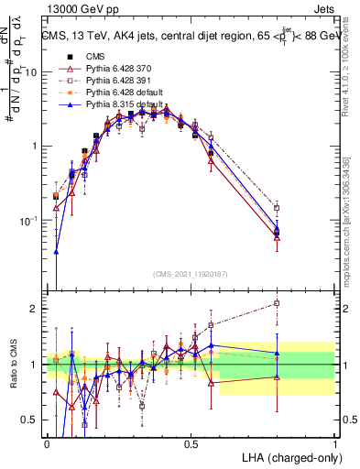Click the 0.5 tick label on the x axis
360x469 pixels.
tap(191, 442)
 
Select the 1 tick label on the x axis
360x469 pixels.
tap(334, 442)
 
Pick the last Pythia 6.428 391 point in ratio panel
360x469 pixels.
tap(277, 302)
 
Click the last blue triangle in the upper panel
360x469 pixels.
tap(277, 229)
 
